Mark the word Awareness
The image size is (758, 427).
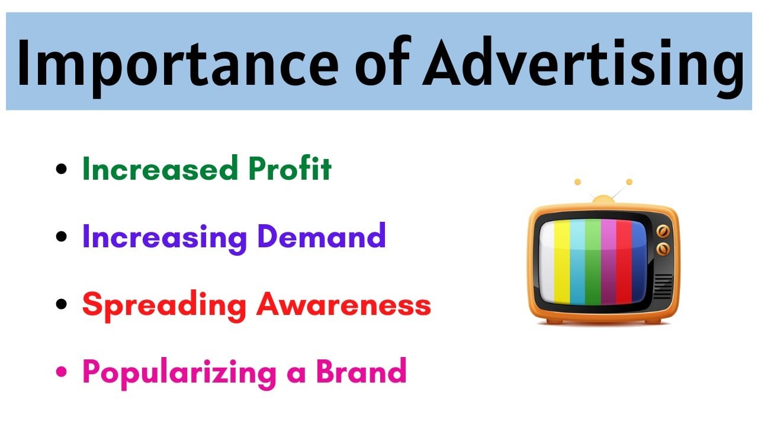click(343, 305)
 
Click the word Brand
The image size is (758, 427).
click(361, 371)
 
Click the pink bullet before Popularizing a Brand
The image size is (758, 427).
click(62, 372)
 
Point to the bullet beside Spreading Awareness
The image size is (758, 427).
click(62, 305)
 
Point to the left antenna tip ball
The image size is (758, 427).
click(578, 182)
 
